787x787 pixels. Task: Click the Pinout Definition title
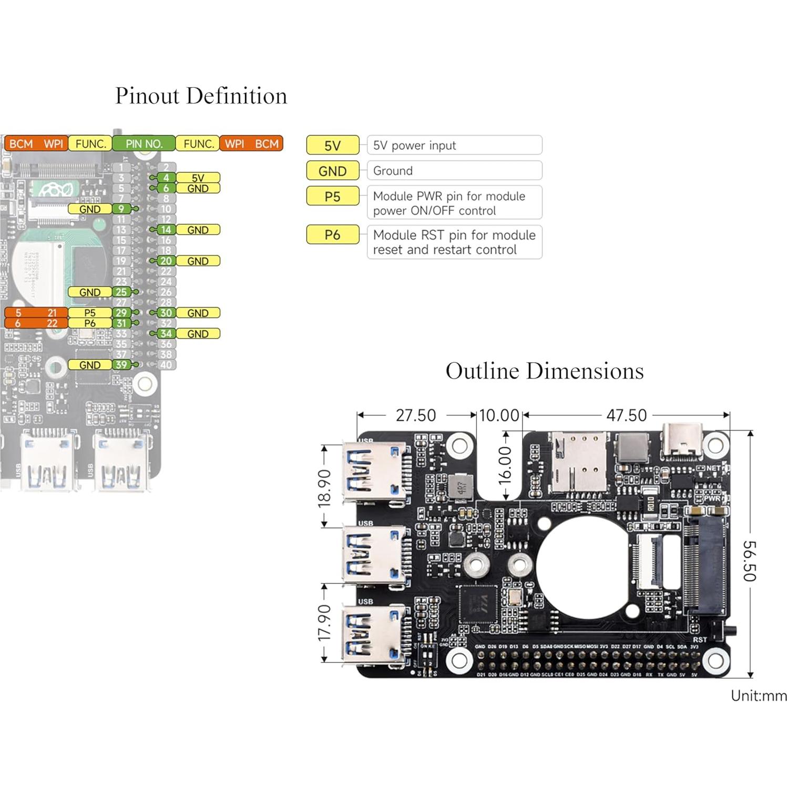point(201,96)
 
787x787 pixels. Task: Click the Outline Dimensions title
point(544,371)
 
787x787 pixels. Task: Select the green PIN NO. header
point(144,144)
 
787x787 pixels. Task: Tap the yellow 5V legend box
point(332,146)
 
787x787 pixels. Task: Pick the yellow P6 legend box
point(332,235)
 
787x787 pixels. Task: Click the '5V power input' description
point(454,146)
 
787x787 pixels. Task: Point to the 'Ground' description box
point(454,171)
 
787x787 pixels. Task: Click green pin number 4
point(166,178)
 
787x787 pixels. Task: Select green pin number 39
point(121,365)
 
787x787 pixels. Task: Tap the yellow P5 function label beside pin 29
point(90,313)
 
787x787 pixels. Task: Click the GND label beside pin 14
point(198,230)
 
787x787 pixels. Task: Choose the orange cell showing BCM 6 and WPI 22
point(36,323)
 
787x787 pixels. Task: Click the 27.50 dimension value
point(415,416)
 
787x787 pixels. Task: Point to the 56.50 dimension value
point(749,561)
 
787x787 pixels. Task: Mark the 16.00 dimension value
point(505,465)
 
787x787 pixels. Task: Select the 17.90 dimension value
point(324,623)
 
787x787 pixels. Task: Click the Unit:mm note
point(758,696)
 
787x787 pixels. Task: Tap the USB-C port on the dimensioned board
point(682,441)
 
